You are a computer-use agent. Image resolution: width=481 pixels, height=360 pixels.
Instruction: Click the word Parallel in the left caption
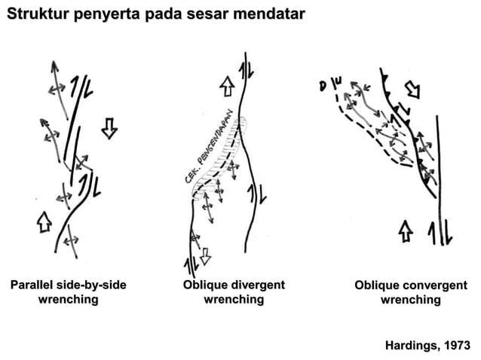[x=32, y=285]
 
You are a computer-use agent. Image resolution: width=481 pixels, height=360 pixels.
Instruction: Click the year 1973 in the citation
[x=455, y=346]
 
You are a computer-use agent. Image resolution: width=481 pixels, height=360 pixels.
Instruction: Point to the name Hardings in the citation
[x=411, y=346]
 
